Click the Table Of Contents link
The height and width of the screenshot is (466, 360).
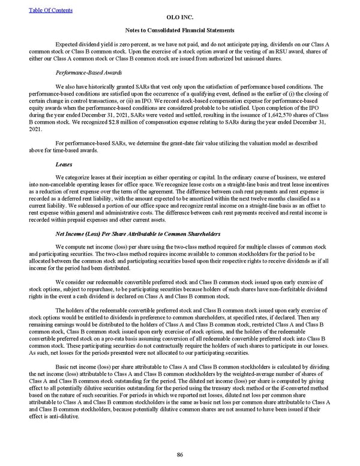pyautogui.click(x=50, y=10)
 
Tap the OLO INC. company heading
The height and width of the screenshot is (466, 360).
pyautogui.click(x=179, y=18)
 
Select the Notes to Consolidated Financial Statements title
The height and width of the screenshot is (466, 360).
pyautogui.click(x=179, y=30)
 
